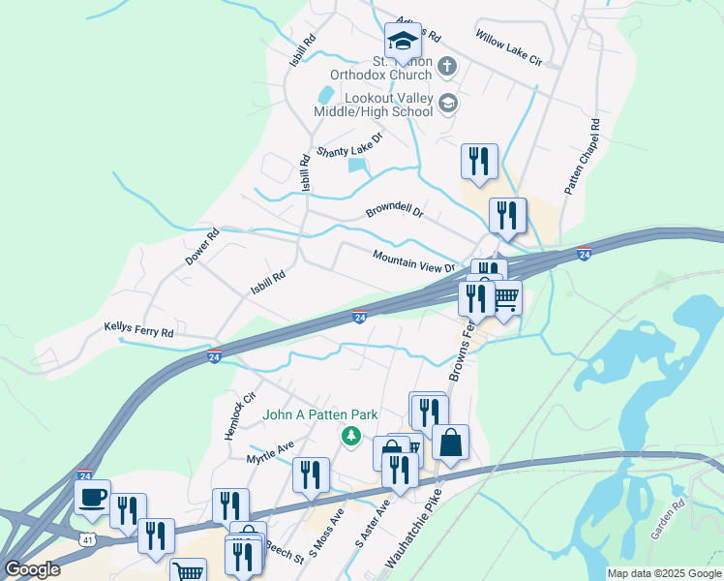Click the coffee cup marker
tap(92, 498)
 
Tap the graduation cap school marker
tap(403, 41)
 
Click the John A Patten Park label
tap(320, 414)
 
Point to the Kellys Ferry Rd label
tap(138, 330)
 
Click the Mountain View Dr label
tap(414, 260)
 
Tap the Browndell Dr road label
tap(395, 210)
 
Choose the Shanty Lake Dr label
tap(350, 146)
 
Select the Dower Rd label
tap(203, 247)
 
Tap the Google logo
tap(32, 568)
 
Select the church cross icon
tap(446, 67)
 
